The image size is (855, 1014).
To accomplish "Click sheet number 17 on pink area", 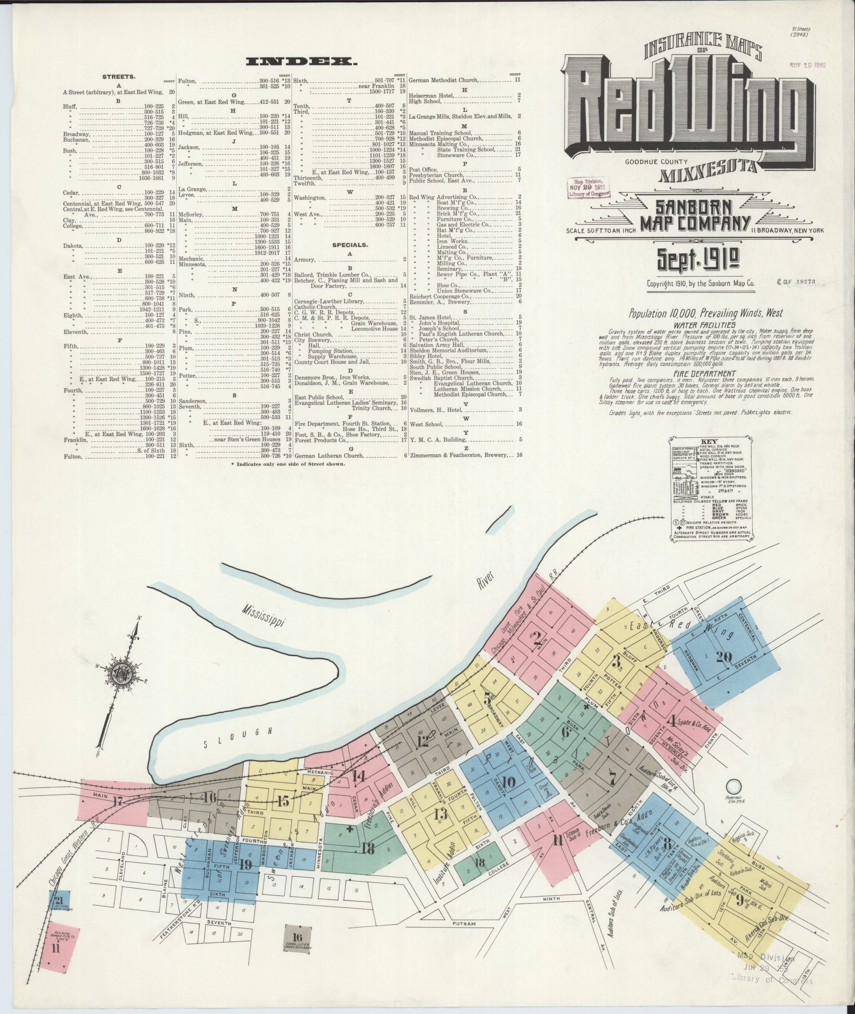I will [x=118, y=801].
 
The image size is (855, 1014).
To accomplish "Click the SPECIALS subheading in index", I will [x=349, y=245].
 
